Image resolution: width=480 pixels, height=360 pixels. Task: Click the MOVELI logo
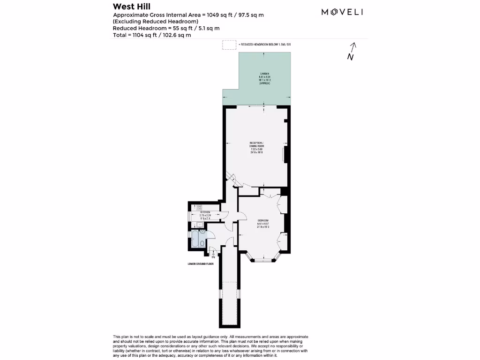tap(342, 12)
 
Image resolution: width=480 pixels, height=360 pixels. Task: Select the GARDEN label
tap(265, 74)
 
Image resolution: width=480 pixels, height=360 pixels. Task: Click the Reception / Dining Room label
tap(256, 144)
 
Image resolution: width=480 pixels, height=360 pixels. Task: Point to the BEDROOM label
tap(263, 220)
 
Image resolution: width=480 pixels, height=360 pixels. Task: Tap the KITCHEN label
tap(206, 212)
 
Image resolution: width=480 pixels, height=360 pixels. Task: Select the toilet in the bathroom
tap(202, 243)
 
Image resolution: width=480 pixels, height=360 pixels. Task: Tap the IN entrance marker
tap(213, 257)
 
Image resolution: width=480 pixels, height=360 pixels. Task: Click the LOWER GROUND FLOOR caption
tap(201, 264)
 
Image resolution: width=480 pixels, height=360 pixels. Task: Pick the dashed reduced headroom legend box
tap(229, 45)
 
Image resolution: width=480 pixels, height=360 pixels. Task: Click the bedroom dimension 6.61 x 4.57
tap(263, 224)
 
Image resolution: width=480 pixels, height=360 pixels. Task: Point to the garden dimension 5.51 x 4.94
tap(265, 77)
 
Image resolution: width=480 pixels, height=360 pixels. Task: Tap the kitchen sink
tap(200, 225)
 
